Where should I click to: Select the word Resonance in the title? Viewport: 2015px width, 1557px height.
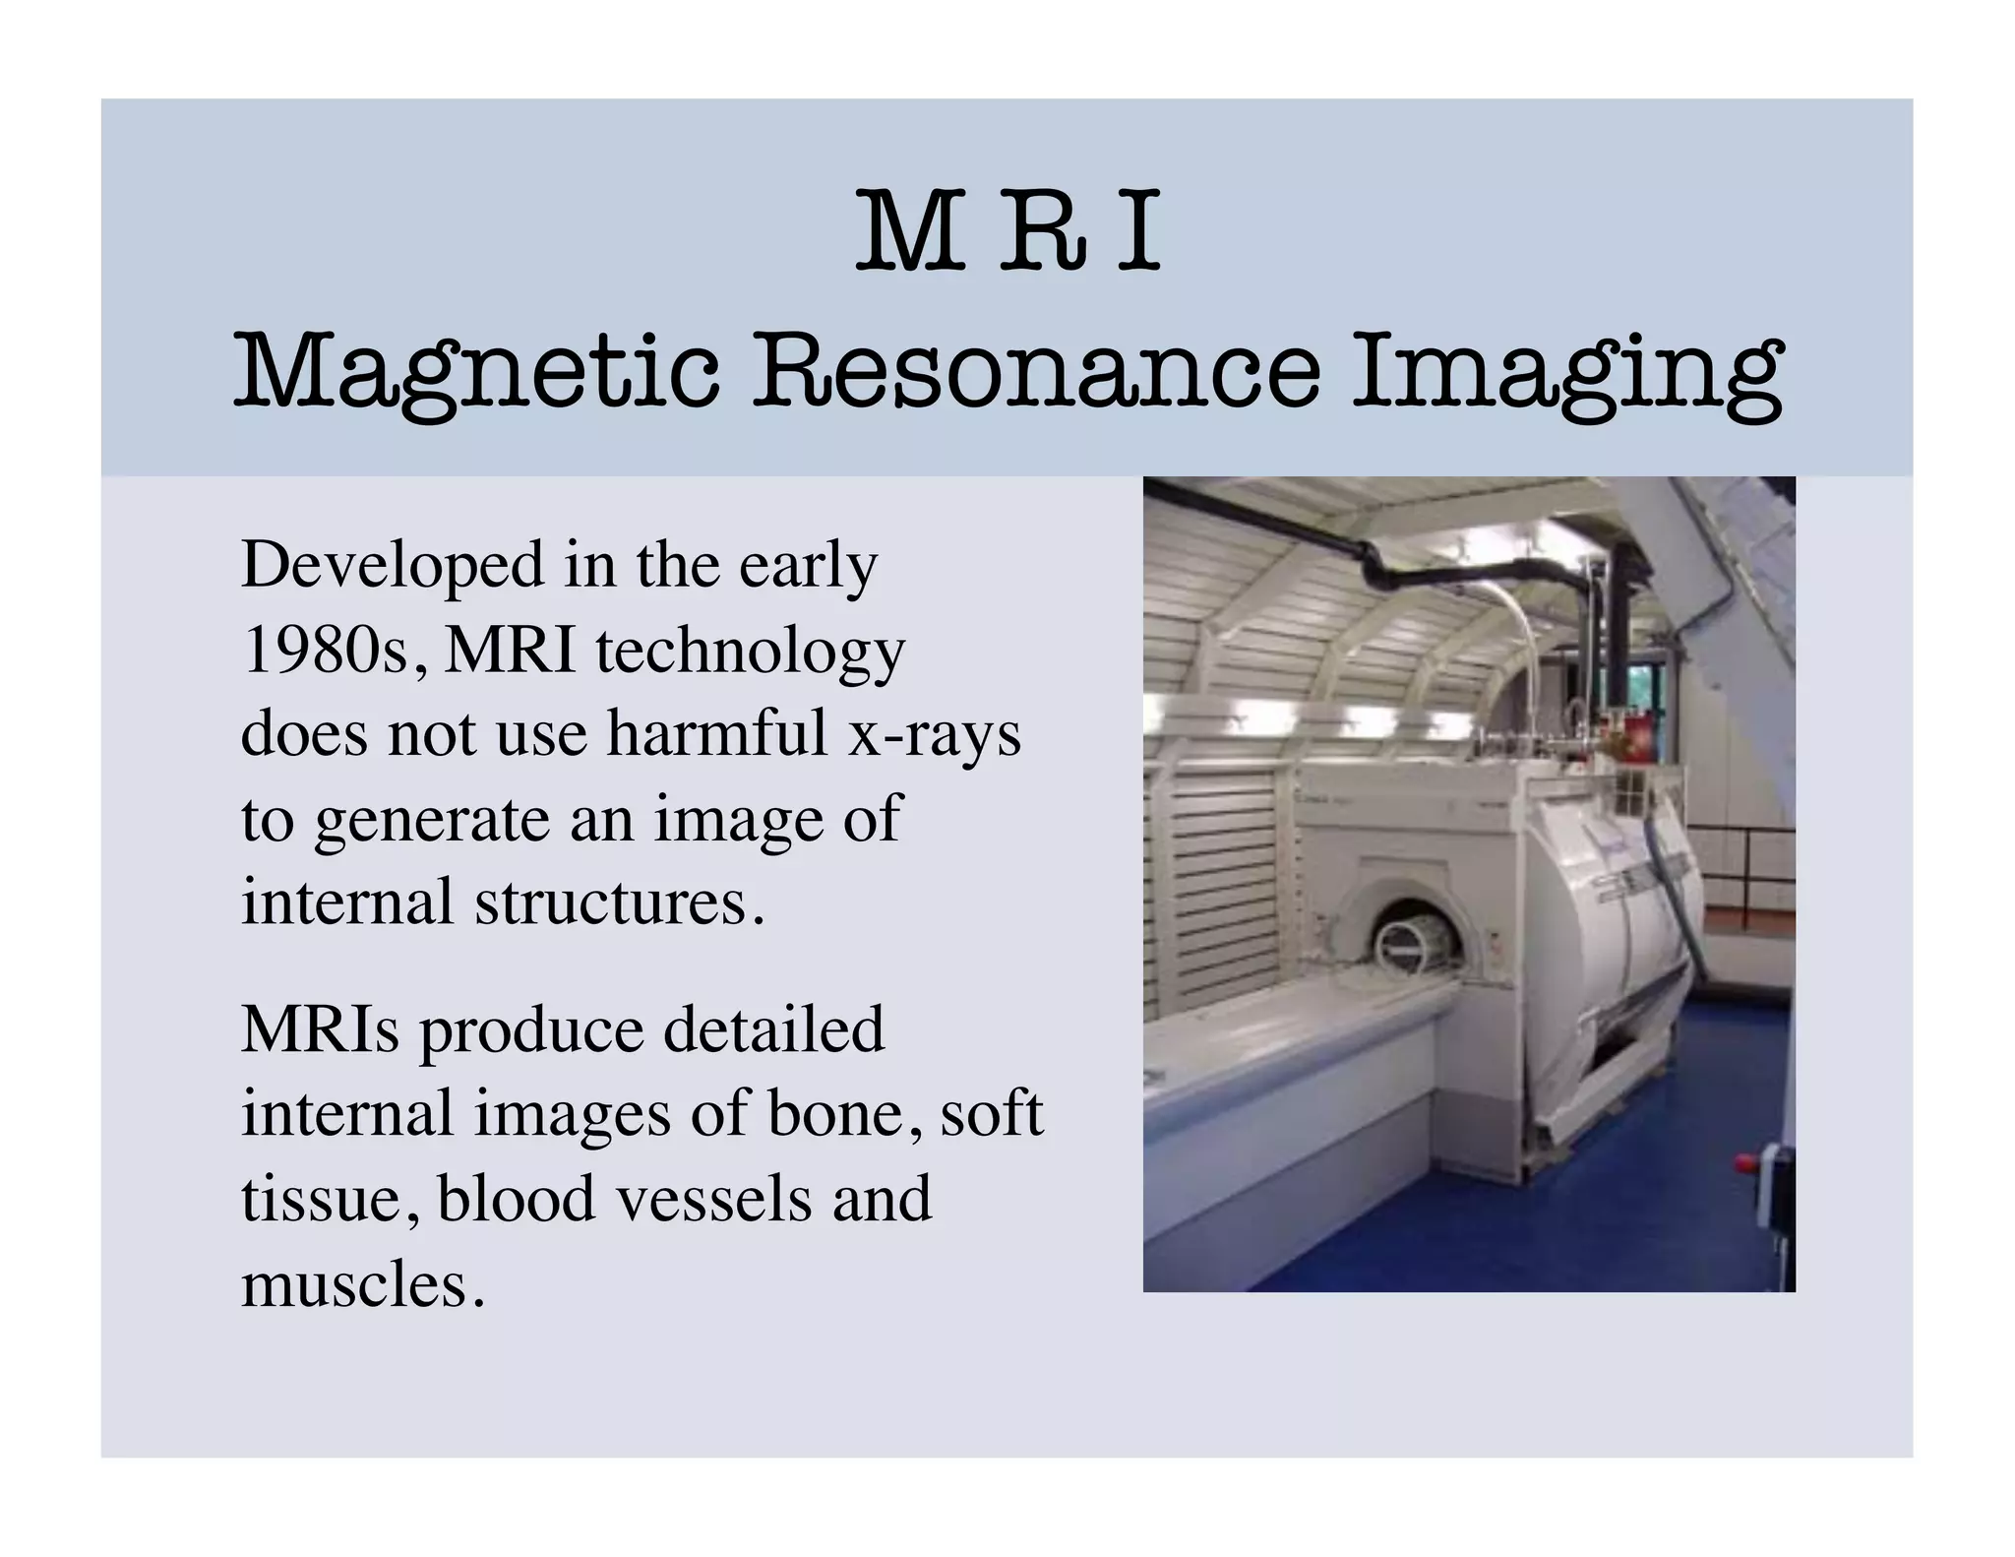pos(1035,373)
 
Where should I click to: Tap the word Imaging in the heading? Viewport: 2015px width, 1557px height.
pos(1566,373)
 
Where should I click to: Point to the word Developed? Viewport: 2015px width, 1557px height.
pos(392,568)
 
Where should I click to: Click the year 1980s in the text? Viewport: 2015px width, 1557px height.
pos(333,651)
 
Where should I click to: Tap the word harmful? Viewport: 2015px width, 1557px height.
pos(717,734)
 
